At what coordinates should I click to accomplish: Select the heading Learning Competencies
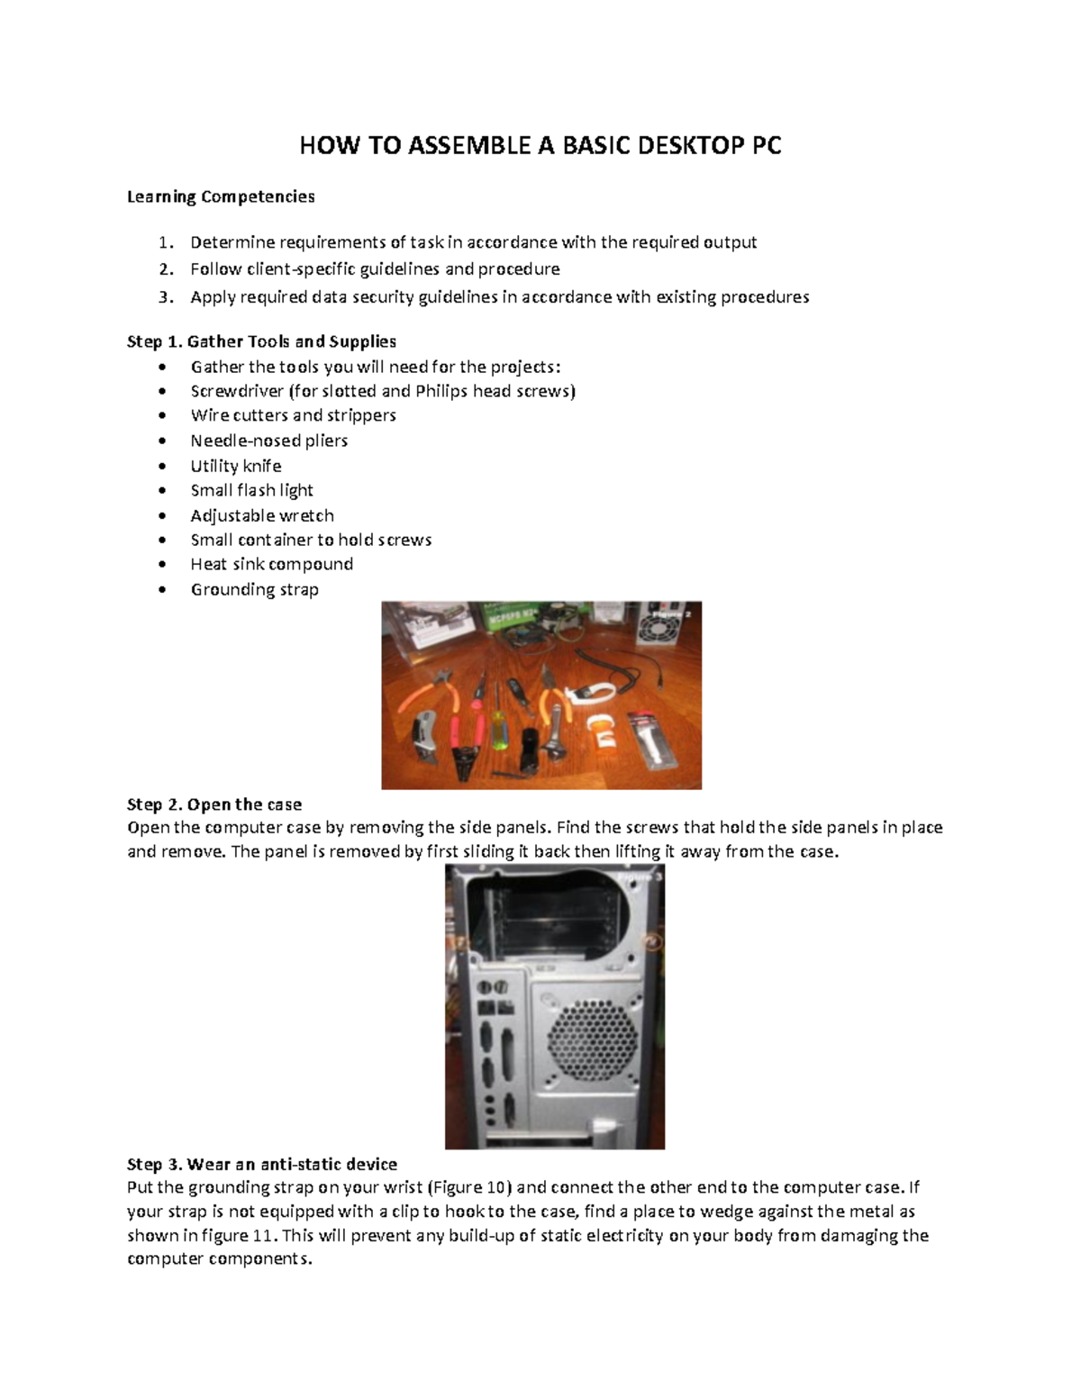221,196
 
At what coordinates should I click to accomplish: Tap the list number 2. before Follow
165,269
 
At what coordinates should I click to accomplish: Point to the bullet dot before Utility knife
162,466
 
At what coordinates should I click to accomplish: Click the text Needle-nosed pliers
268,441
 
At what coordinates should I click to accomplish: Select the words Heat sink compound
271,564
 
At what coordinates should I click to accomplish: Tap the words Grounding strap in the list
254,589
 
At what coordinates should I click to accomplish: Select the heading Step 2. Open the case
214,804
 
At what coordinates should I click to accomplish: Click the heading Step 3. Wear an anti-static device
262,1164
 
